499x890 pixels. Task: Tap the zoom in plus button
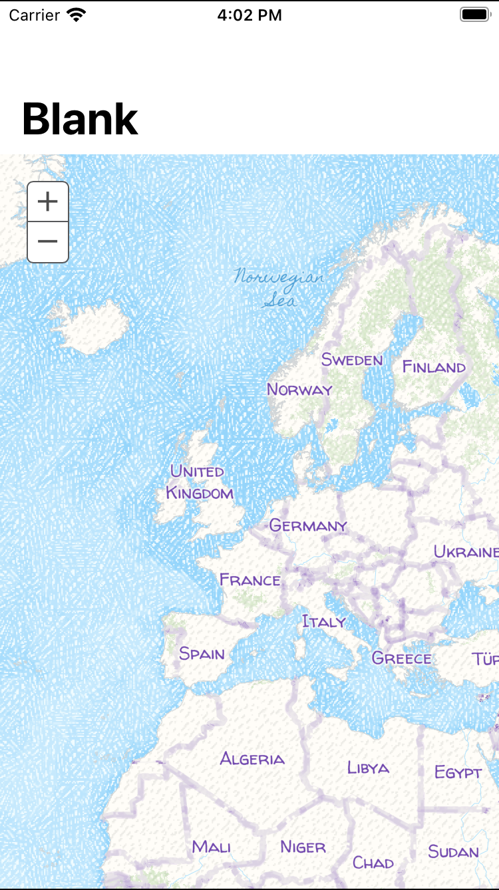pos(48,202)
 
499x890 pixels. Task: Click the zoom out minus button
pos(48,241)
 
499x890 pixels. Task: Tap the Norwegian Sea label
pos(279,287)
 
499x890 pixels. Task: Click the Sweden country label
pos(352,360)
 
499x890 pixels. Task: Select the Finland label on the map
pos(434,367)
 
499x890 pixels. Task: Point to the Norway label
pos(299,389)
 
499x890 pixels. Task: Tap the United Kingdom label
pos(199,482)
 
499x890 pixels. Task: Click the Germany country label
pos(308,525)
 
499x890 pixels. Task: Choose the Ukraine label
pos(466,551)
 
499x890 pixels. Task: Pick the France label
pos(250,580)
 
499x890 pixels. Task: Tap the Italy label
pos(324,621)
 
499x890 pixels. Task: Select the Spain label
pos(202,653)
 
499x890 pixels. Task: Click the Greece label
pos(401,659)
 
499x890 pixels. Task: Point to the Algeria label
pos(252,758)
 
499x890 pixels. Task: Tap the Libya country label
pos(368,768)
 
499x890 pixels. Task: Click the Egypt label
pos(458,772)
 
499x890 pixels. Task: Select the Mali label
pos(212,847)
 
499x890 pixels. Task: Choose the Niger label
pos(303,847)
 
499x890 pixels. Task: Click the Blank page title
pos(80,119)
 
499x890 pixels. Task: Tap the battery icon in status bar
pos(474,15)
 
